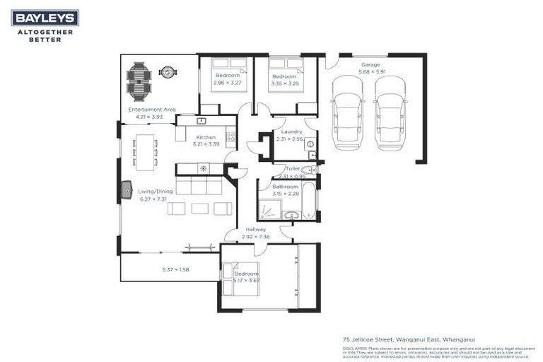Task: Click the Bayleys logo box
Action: (x=45, y=18)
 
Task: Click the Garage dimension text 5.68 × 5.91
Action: (x=371, y=71)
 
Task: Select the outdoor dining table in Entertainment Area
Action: (x=139, y=81)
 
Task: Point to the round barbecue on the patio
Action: (x=168, y=71)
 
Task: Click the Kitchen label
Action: (x=206, y=137)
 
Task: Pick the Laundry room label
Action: (x=291, y=132)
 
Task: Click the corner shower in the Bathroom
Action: (x=270, y=209)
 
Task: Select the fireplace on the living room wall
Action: (x=127, y=189)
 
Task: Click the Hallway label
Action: (x=256, y=230)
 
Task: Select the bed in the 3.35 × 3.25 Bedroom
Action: (x=285, y=74)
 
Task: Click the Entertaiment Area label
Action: (x=152, y=110)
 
